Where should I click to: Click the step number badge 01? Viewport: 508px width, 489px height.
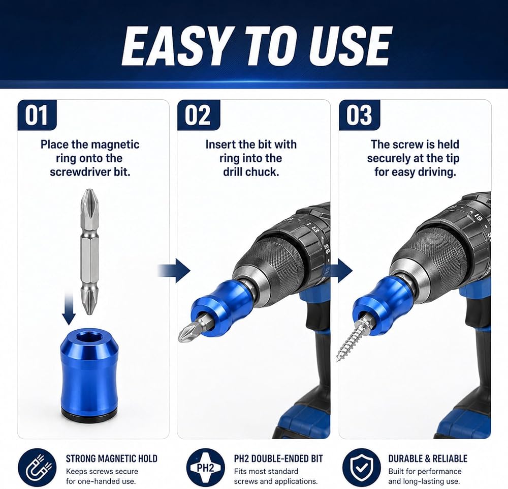[37, 115]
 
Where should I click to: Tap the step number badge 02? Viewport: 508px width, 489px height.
[199, 115]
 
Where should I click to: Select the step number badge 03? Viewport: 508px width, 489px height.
[360, 115]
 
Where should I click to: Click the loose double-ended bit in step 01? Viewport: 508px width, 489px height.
[89, 251]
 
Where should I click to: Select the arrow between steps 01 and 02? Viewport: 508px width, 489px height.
[174, 270]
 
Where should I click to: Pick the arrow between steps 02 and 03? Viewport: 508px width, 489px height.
[342, 270]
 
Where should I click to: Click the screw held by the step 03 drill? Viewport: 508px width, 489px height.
[353, 338]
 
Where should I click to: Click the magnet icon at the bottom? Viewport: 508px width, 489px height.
[37, 468]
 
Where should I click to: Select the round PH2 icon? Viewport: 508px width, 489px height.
[205, 468]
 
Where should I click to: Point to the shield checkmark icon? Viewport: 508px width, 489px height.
[362, 468]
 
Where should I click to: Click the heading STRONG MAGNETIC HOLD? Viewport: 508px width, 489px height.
[111, 458]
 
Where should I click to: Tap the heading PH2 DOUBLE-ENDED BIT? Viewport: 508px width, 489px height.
[278, 458]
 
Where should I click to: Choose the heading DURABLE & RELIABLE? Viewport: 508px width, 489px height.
[428, 458]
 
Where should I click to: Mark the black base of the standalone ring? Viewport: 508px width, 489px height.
[89, 417]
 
